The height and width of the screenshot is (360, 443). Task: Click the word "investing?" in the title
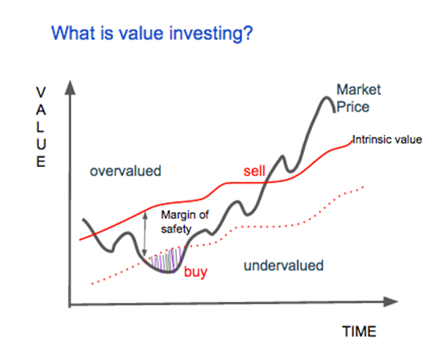pyautogui.click(x=211, y=34)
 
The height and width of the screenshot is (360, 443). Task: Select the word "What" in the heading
pyautogui.click(x=73, y=33)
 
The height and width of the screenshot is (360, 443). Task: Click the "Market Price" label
pyautogui.click(x=358, y=98)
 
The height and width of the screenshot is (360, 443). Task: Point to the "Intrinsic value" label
pyautogui.click(x=387, y=139)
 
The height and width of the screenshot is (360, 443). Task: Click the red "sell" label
pyautogui.click(x=254, y=171)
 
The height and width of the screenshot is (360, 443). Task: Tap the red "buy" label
pyautogui.click(x=195, y=272)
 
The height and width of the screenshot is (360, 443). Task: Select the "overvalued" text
pyautogui.click(x=126, y=171)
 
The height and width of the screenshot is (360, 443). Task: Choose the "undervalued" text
pyautogui.click(x=284, y=266)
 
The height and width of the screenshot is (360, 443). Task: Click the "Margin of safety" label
pyautogui.click(x=185, y=222)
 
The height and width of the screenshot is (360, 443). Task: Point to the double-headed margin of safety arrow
pyautogui.click(x=145, y=234)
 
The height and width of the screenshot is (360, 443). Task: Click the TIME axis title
pyautogui.click(x=359, y=331)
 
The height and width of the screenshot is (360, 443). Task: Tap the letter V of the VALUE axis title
pyautogui.click(x=41, y=92)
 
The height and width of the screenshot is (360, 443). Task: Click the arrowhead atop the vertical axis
pyautogui.click(x=70, y=87)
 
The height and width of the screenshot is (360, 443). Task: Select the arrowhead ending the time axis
pyautogui.click(x=390, y=302)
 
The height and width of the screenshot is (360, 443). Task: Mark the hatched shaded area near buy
pyautogui.click(x=167, y=261)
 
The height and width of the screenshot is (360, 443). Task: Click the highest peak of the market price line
pyautogui.click(x=326, y=97)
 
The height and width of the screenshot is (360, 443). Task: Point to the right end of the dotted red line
pyautogui.click(x=363, y=187)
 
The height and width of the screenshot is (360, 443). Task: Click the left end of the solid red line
pyautogui.click(x=80, y=240)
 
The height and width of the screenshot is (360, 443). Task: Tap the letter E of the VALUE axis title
pyautogui.click(x=41, y=162)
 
